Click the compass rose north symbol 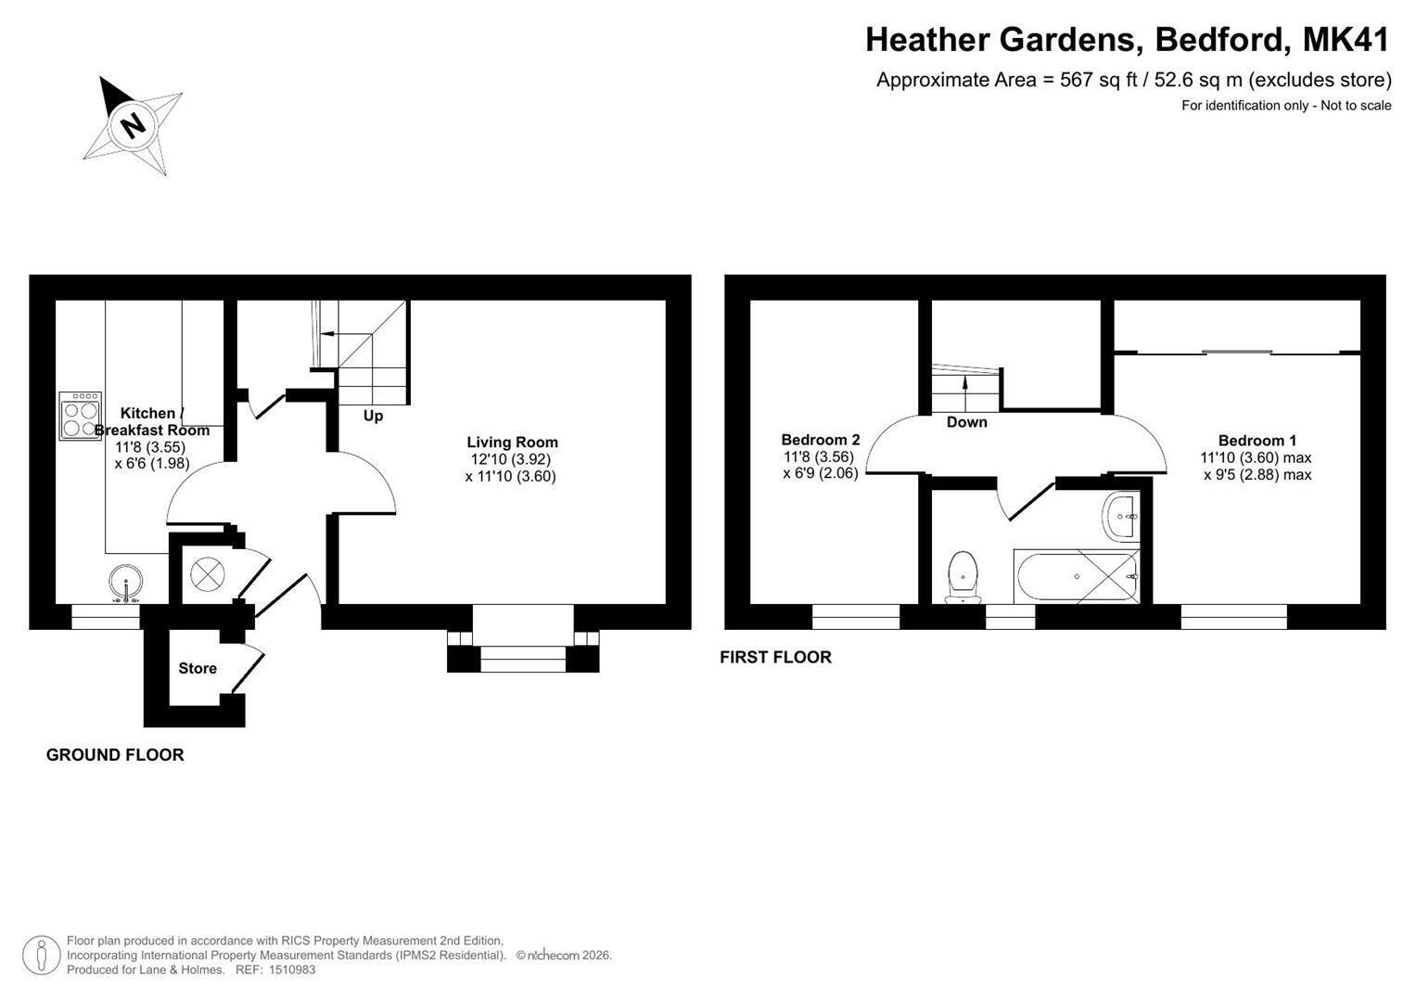(133, 125)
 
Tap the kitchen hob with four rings (81, 416)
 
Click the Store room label (198, 669)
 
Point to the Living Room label (512, 443)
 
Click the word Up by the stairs (373, 417)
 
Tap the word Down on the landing (966, 422)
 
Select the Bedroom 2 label (821, 440)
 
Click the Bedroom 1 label (1257, 441)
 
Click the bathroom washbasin (1121, 518)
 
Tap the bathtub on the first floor (1077, 576)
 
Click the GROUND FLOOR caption (115, 754)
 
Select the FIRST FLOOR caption (775, 657)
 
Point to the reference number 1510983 (292, 970)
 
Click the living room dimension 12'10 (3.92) (511, 459)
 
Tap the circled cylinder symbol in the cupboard (208, 574)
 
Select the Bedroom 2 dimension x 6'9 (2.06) (821, 473)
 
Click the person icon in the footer (41, 956)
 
